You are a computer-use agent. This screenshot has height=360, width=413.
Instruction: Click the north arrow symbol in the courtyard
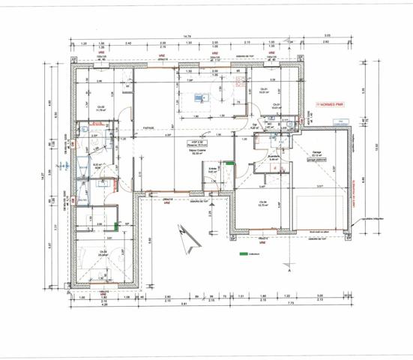pyautogui.click(x=188, y=237)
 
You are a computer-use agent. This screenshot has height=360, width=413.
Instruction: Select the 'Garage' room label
pyautogui.click(x=317, y=151)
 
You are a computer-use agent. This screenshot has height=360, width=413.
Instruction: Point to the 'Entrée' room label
pyautogui.click(x=212, y=170)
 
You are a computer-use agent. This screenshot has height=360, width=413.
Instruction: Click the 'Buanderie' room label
pyautogui.click(x=274, y=156)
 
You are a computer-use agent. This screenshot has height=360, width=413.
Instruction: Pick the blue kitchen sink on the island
pyautogui.click(x=200, y=96)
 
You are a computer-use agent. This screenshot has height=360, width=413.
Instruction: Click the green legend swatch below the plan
pyautogui.click(x=242, y=255)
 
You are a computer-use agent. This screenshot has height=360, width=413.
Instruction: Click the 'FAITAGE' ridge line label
pyautogui.click(x=149, y=127)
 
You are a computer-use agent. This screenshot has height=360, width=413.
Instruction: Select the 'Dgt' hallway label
pyautogui.click(x=255, y=125)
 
